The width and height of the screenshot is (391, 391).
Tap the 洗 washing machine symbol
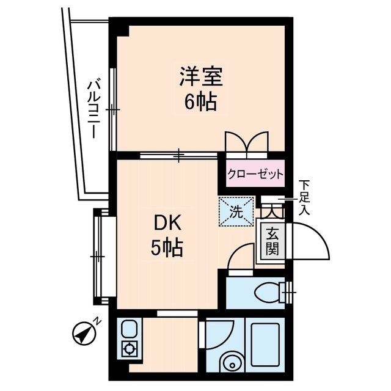(236, 211)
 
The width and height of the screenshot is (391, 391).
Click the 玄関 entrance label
(272, 242)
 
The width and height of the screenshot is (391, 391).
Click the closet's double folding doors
(247, 142)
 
